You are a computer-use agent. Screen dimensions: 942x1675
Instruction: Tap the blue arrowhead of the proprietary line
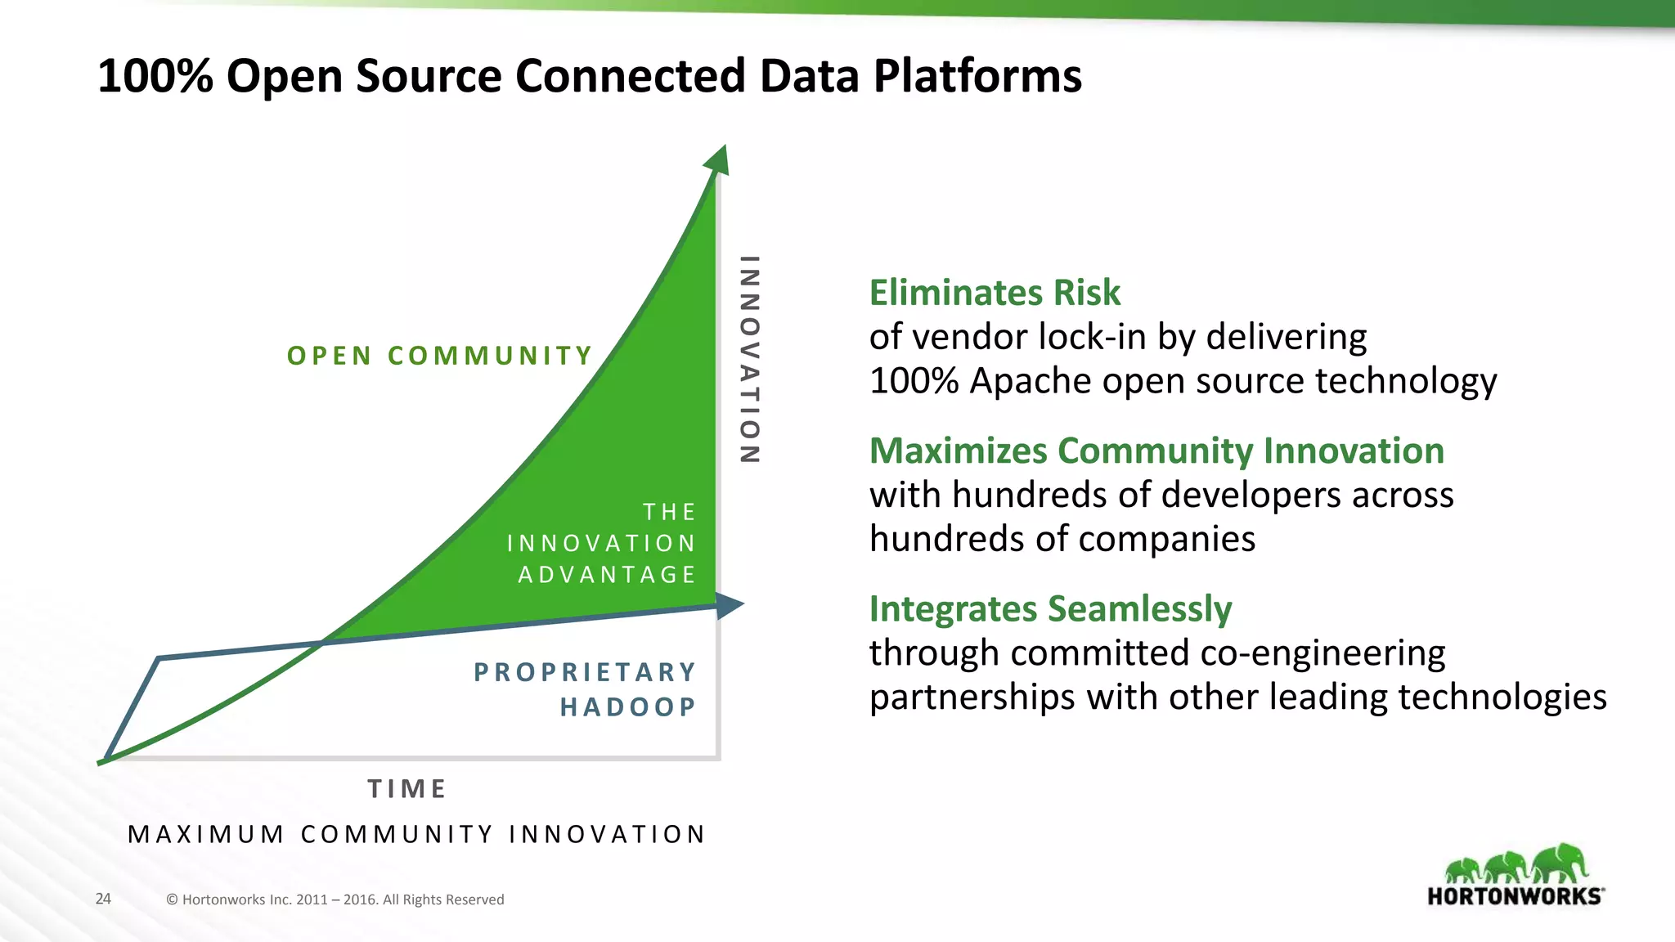tap(728, 605)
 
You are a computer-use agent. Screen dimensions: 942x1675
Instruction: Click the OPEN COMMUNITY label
tap(440, 356)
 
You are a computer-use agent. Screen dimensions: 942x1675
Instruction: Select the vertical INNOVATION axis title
tap(749, 360)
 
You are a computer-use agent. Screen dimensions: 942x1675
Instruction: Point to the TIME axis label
tap(407, 789)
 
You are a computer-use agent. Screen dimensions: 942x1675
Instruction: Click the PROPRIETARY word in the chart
tap(586, 672)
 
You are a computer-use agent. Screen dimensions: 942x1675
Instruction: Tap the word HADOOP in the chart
tap(628, 706)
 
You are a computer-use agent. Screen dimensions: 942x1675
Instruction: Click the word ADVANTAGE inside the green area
tap(607, 575)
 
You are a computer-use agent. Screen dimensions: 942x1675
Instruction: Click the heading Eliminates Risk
tap(995, 293)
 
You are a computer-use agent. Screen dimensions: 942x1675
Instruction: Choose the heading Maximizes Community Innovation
tap(1156, 451)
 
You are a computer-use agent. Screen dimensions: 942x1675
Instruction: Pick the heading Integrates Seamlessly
tap(1050, 609)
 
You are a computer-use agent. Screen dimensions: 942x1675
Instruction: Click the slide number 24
tap(103, 899)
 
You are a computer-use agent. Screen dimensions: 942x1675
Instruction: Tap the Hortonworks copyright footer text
tap(335, 899)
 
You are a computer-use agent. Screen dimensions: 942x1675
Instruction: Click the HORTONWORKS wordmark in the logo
tap(1515, 896)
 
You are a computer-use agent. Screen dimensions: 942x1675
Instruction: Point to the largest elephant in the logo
tap(1560, 863)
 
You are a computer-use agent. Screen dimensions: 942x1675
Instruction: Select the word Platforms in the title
tap(977, 76)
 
